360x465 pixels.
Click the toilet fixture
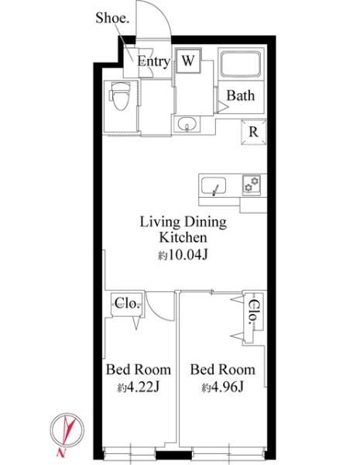[x=120, y=95]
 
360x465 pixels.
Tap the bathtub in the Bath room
[x=241, y=64]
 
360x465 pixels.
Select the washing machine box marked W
[x=188, y=61]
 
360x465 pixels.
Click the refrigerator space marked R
[x=254, y=132]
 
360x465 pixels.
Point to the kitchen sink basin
[x=214, y=186]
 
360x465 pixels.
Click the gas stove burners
[x=252, y=184]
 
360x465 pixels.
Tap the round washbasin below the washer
[x=187, y=123]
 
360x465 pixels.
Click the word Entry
[x=153, y=62]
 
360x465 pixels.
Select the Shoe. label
[x=112, y=19]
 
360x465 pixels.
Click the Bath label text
[x=241, y=95]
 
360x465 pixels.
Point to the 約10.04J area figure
[x=183, y=255]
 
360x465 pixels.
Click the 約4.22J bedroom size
[x=139, y=387]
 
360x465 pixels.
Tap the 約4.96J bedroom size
[x=222, y=387]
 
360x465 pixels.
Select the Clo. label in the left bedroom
[x=127, y=303]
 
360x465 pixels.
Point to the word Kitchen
[x=183, y=238]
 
